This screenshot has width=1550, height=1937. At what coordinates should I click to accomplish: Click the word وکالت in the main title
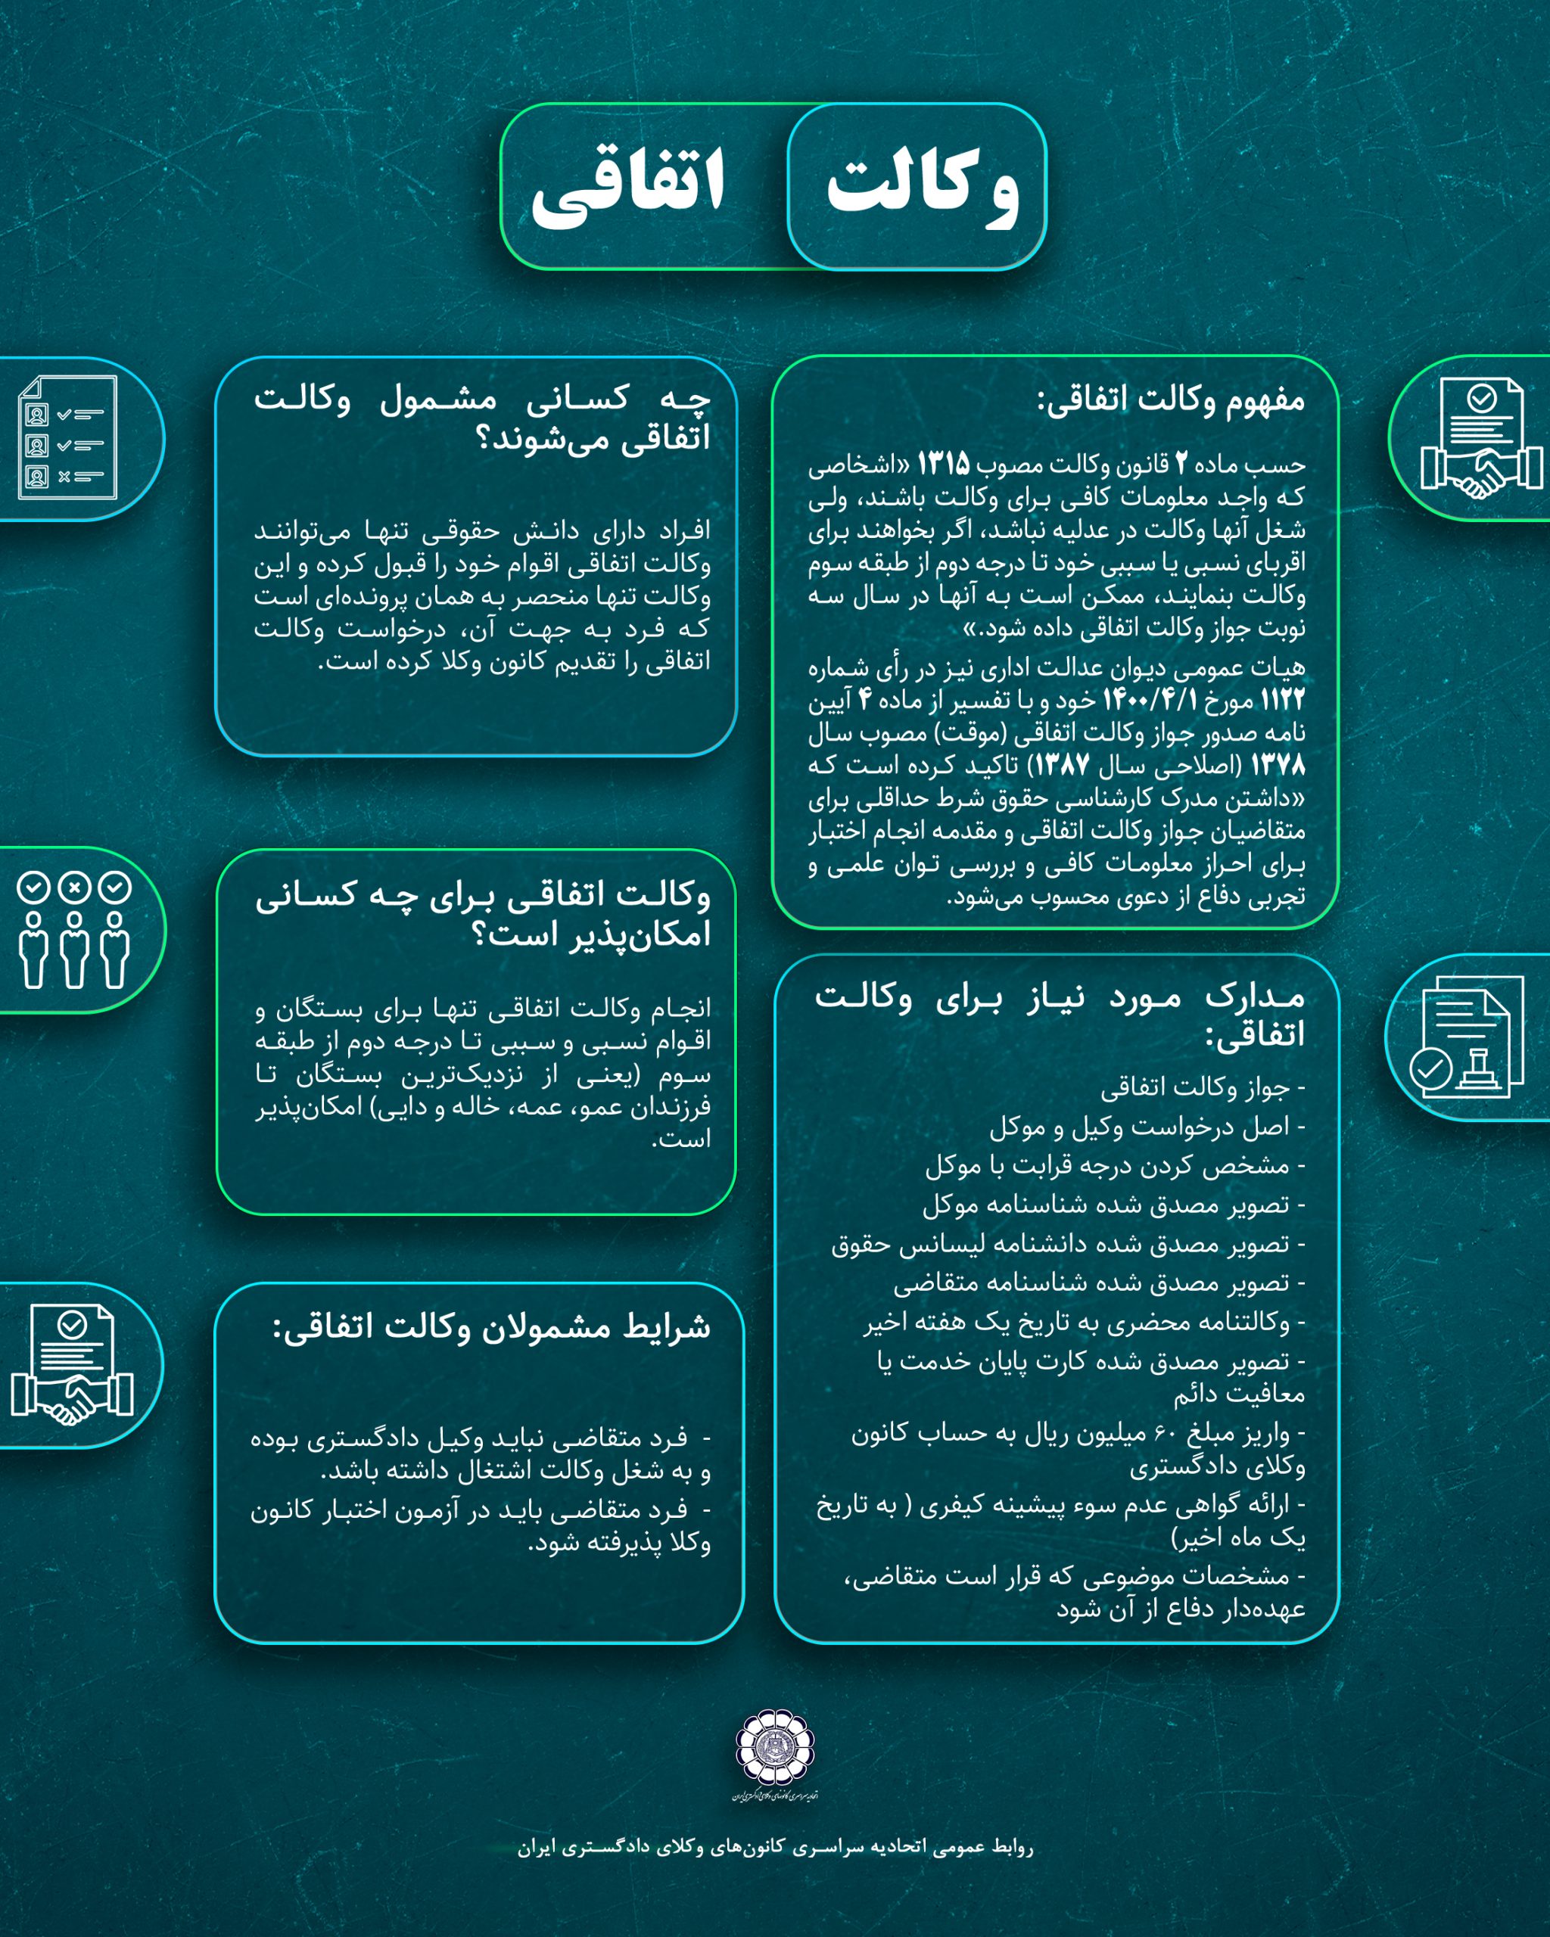pos(922,186)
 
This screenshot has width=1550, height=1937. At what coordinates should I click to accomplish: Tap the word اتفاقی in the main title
pos(628,186)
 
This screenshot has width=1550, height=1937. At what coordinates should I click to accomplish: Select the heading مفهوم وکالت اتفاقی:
pos(1170,400)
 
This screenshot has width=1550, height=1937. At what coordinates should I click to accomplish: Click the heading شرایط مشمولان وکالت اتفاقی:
pos(491,1327)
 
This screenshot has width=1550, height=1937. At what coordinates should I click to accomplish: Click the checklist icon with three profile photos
pos(68,437)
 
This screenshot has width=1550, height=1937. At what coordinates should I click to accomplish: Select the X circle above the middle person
pos(75,888)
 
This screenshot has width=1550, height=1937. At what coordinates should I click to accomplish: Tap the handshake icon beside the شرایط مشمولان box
pos(72,1365)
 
